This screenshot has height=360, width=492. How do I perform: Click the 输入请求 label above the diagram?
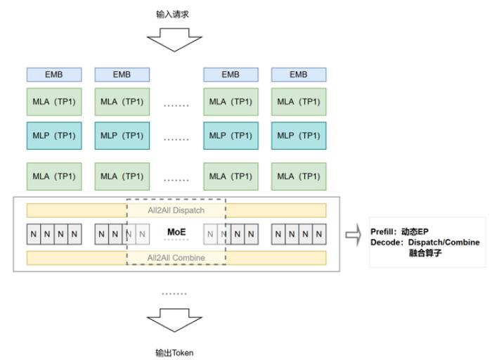[173, 13]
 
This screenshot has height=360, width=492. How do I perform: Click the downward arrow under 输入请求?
[173, 39]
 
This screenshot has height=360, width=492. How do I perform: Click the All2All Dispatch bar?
[176, 210]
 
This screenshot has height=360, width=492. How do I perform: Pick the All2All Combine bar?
[176, 257]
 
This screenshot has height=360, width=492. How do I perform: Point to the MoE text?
[176, 231]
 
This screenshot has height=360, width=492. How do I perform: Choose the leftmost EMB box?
[54, 75]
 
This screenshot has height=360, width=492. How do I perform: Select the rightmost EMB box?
[299, 75]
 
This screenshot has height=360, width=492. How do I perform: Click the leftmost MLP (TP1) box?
[54, 136]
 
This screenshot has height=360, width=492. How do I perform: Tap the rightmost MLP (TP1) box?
[299, 136]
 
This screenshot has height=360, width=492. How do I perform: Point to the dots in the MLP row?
[176, 139]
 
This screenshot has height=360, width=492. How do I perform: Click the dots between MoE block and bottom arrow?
[174, 292]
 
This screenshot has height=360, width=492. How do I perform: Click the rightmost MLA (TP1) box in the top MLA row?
[299, 102]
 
